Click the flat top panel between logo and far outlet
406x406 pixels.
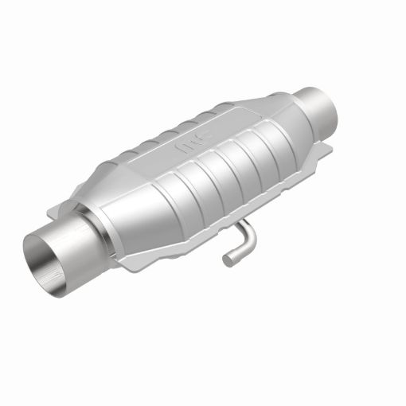pos(239,119)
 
